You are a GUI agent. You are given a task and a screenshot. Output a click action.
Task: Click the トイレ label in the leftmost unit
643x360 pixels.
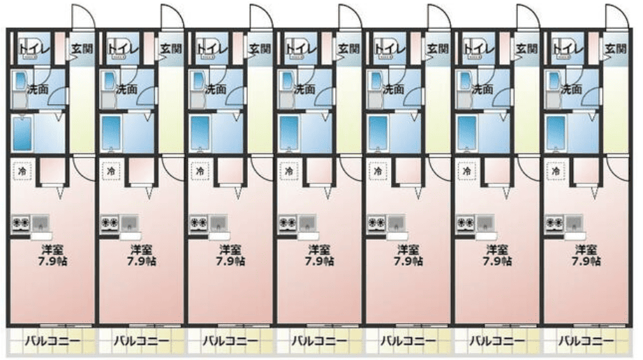[31, 48]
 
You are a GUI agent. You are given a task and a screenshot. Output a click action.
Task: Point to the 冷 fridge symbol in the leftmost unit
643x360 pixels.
[23, 170]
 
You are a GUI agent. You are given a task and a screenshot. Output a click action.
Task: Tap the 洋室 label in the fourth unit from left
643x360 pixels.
[319, 248]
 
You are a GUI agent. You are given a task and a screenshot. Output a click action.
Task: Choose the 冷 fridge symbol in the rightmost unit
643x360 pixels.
[556, 170]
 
